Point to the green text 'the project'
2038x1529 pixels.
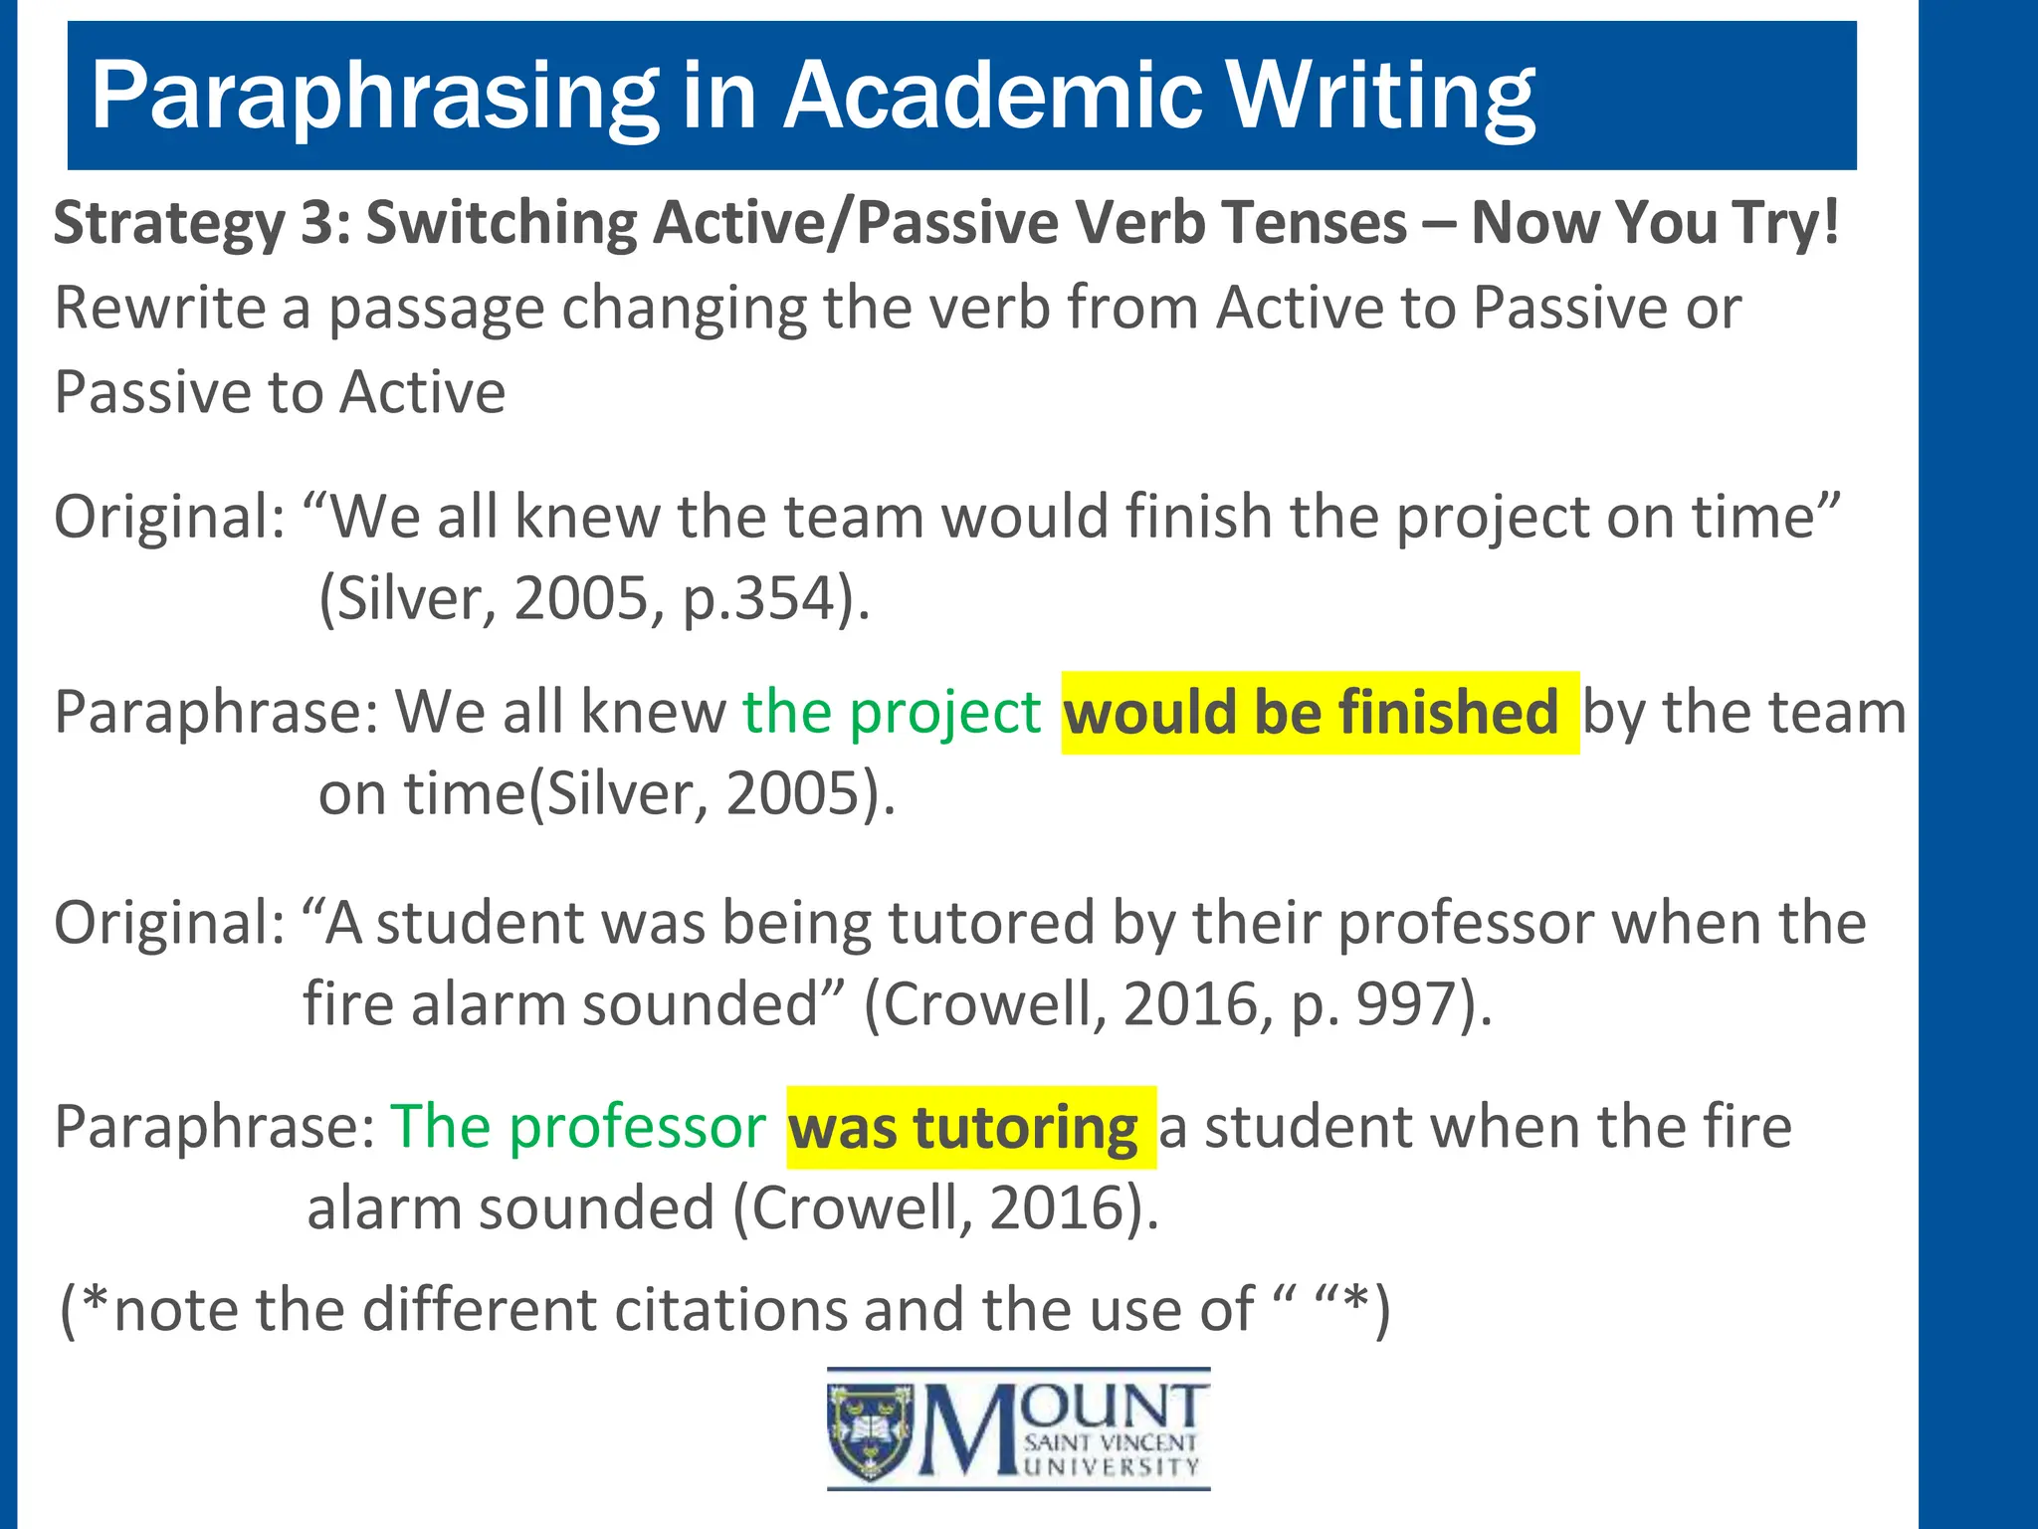tap(892, 713)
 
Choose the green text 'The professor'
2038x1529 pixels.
tap(578, 1127)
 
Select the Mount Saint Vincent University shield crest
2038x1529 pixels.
tap(871, 1430)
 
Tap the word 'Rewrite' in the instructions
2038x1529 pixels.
tap(159, 308)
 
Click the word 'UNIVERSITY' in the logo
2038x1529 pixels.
tap(1113, 1467)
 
